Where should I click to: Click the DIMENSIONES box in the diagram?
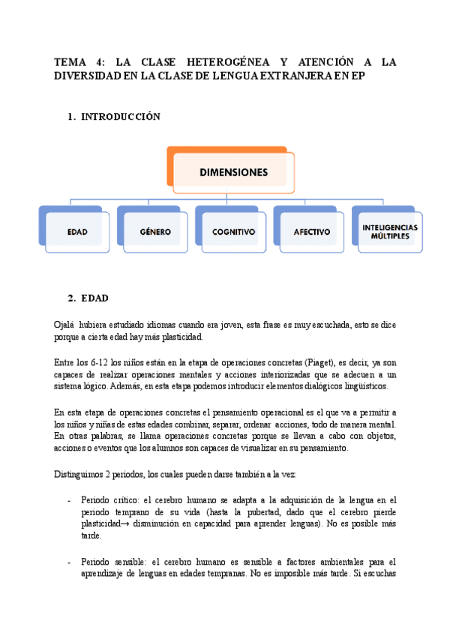pyautogui.click(x=233, y=172)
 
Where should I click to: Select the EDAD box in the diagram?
pyautogui.click(x=77, y=232)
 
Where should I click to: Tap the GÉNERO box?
pyautogui.click(x=155, y=232)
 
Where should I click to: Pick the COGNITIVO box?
pyautogui.click(x=233, y=232)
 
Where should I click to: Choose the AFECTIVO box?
pyautogui.click(x=311, y=232)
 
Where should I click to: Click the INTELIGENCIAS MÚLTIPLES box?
pyautogui.click(x=389, y=231)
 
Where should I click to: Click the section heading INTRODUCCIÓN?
pyautogui.click(x=121, y=117)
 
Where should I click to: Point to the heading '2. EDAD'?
pyautogui.click(x=94, y=298)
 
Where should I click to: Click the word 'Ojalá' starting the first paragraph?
pyautogui.click(x=66, y=325)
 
